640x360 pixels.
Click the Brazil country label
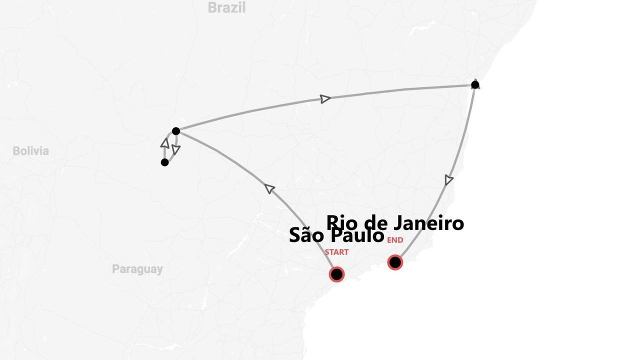(x=226, y=7)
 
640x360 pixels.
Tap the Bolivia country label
(x=31, y=150)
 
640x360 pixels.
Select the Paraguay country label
(x=137, y=269)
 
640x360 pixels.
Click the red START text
(x=336, y=252)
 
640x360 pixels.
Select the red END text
(x=395, y=240)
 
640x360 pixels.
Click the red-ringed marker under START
(x=336, y=274)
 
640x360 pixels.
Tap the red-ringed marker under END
(x=395, y=262)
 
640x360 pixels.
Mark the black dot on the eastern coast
(x=475, y=84)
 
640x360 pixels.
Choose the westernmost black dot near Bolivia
(x=164, y=162)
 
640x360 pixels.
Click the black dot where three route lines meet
(x=175, y=131)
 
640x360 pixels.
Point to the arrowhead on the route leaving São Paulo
(x=269, y=188)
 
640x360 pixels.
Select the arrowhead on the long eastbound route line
(x=325, y=98)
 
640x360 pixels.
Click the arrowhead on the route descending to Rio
(x=449, y=180)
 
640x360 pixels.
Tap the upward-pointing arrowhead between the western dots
(x=164, y=143)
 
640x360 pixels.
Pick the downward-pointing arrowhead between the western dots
(x=175, y=149)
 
